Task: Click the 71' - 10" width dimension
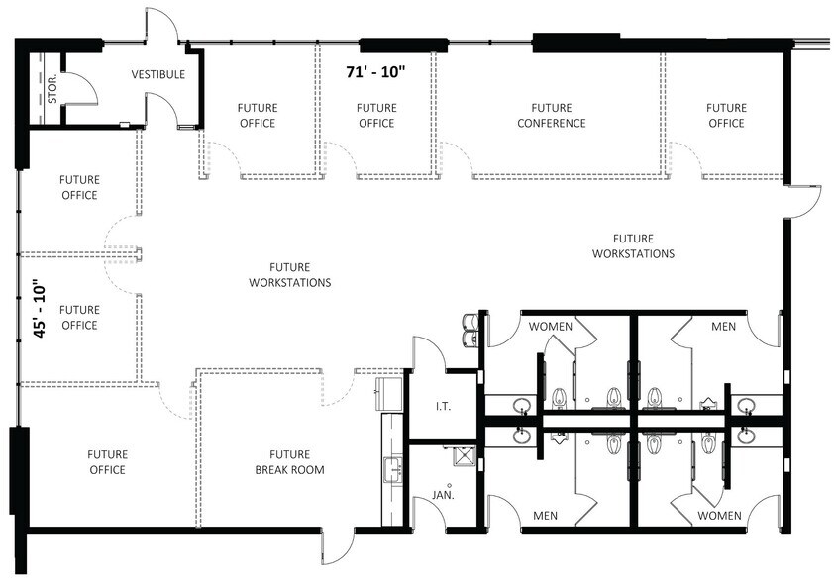pyautogui.click(x=376, y=72)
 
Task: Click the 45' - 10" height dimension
pyautogui.click(x=40, y=309)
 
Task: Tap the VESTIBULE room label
pyautogui.click(x=158, y=74)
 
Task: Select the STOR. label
pyautogui.click(x=52, y=88)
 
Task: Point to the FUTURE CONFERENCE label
pyautogui.click(x=551, y=116)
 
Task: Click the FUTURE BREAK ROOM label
pyautogui.click(x=289, y=462)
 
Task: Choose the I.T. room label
pyautogui.click(x=443, y=407)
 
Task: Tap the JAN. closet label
pyautogui.click(x=443, y=495)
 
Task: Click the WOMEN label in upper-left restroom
pyautogui.click(x=550, y=326)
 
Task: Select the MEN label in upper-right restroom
pyautogui.click(x=724, y=326)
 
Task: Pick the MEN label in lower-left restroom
pyautogui.click(x=546, y=516)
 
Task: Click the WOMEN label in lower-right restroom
pyautogui.click(x=719, y=516)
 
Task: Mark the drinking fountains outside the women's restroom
pyautogui.click(x=470, y=330)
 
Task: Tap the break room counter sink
pyautogui.click(x=393, y=470)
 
